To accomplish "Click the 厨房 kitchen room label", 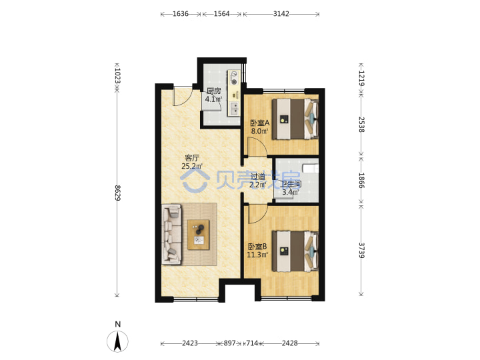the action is tap(214, 91).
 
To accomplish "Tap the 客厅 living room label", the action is tap(192, 158).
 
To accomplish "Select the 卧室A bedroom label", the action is tap(259, 123).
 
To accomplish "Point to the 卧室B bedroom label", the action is tap(257, 247).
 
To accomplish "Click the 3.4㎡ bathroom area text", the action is tap(291, 192).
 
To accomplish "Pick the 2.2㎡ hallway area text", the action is tap(258, 185).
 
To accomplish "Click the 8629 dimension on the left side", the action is tap(117, 193).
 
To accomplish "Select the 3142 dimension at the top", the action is tap(281, 14).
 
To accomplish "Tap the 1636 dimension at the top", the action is tap(181, 14).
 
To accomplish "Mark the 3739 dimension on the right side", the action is tap(361, 251).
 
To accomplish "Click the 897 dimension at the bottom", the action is tap(229, 343).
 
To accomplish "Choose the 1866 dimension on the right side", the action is tap(361, 180).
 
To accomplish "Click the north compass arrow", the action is tap(117, 341).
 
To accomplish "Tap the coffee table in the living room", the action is tap(199, 235).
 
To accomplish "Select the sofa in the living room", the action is tap(172, 235).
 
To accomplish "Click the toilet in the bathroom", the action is tap(311, 169).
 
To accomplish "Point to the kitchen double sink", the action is tap(234, 109).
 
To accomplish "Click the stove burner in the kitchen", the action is tap(235, 82).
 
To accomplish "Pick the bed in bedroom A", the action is tap(295, 119).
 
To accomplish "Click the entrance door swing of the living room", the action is tap(183, 97).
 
